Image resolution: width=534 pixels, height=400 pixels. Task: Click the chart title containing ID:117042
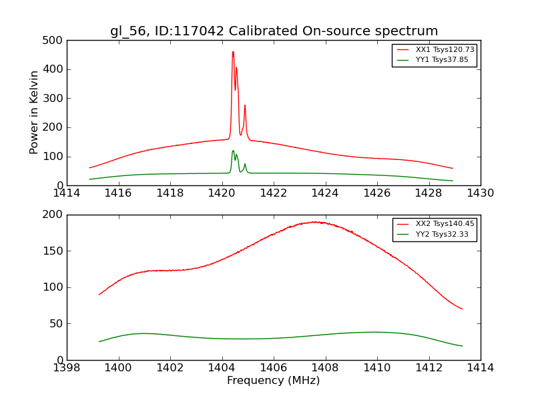tap(274, 31)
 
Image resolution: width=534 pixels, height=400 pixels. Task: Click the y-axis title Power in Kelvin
tap(34, 113)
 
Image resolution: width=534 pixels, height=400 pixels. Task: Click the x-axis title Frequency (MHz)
tap(274, 381)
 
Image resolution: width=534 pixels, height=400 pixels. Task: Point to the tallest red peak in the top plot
tap(233, 52)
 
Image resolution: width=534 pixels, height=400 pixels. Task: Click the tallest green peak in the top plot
tap(233, 151)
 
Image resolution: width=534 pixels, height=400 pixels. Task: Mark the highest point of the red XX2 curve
tap(316, 222)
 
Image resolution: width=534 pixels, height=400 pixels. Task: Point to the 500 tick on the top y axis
tap(56, 41)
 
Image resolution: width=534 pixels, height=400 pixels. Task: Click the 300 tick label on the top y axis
tap(56, 99)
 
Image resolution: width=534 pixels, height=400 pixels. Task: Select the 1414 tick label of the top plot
tap(67, 193)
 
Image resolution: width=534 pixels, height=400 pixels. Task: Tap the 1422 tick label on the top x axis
tap(274, 193)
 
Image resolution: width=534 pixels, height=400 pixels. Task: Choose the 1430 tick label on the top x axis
tap(480, 193)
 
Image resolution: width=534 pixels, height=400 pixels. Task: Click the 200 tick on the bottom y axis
tap(56, 215)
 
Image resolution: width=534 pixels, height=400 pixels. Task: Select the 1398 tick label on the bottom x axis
tap(67, 368)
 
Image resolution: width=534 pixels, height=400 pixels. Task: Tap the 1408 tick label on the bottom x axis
tap(325, 368)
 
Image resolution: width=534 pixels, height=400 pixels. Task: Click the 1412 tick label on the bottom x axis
tap(429, 368)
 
